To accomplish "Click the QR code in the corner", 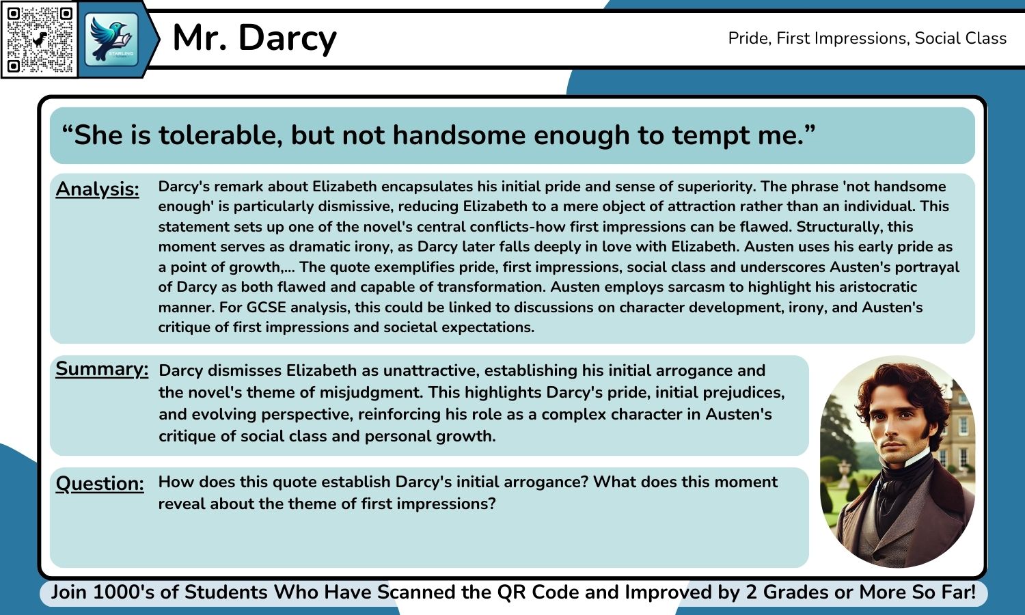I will (40, 40).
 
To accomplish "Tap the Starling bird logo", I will (111, 39).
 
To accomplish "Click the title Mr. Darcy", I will (254, 38).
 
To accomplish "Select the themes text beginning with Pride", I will (866, 38).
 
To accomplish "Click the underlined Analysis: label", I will (97, 189).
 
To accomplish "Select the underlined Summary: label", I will (101, 369).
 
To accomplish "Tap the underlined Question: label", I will (100, 484).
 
